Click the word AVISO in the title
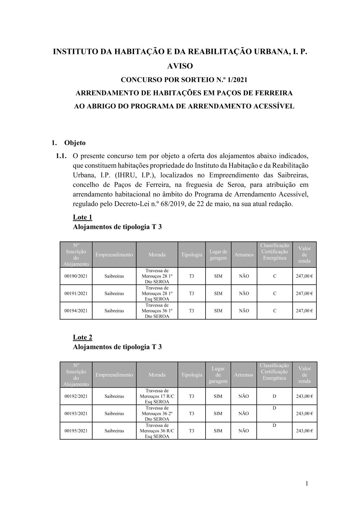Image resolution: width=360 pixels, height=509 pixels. [x=180, y=66]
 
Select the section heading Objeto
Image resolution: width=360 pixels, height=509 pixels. [x=75, y=143]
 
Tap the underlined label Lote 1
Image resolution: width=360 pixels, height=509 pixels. [x=82, y=217]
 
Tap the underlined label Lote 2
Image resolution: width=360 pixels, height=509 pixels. [x=82, y=337]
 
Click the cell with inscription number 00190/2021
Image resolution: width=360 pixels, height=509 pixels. [x=76, y=276]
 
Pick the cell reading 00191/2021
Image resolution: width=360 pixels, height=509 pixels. [x=76, y=293]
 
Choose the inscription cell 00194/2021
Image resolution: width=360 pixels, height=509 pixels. [x=76, y=311]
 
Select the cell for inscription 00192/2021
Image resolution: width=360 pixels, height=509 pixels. [x=76, y=396]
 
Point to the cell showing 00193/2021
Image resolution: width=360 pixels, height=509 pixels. [x=76, y=414]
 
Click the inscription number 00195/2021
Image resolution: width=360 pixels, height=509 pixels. [x=76, y=431]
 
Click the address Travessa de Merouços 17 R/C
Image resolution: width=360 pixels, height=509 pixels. [x=157, y=393]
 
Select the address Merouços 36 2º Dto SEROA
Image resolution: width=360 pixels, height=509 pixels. [x=157, y=416]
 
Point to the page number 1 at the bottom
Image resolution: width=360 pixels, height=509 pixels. [x=307, y=483]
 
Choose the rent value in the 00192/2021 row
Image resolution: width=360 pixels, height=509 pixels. [x=304, y=396]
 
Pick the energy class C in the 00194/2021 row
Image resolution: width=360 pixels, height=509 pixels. [x=275, y=311]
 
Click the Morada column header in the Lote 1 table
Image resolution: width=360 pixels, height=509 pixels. [x=157, y=254]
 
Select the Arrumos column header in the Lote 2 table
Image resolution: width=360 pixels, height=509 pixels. [x=244, y=375]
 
